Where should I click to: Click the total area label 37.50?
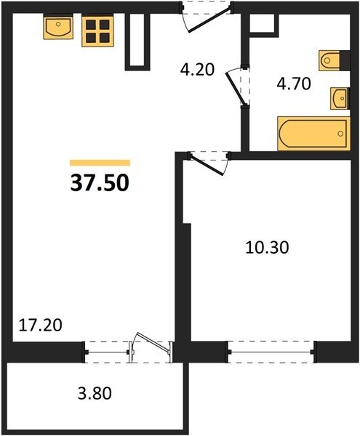(x=100, y=184)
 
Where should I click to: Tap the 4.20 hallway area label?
(x=197, y=70)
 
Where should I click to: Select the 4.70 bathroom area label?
(x=294, y=84)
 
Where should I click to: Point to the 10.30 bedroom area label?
(x=267, y=248)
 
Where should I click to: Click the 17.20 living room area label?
(x=40, y=325)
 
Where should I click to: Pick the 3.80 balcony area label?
(x=95, y=393)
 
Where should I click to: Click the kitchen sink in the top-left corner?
(x=58, y=26)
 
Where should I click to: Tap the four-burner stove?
(x=97, y=31)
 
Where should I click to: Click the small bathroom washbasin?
(x=340, y=98)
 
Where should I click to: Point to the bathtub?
(x=313, y=134)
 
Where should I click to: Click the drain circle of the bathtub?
(x=340, y=134)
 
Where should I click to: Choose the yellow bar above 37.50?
(x=100, y=162)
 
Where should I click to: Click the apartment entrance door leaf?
(x=209, y=21)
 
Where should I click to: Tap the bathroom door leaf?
(x=236, y=89)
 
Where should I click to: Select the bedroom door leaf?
(x=206, y=165)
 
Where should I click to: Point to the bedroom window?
(x=271, y=352)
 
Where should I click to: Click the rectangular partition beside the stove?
(x=137, y=41)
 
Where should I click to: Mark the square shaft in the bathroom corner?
(x=264, y=25)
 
